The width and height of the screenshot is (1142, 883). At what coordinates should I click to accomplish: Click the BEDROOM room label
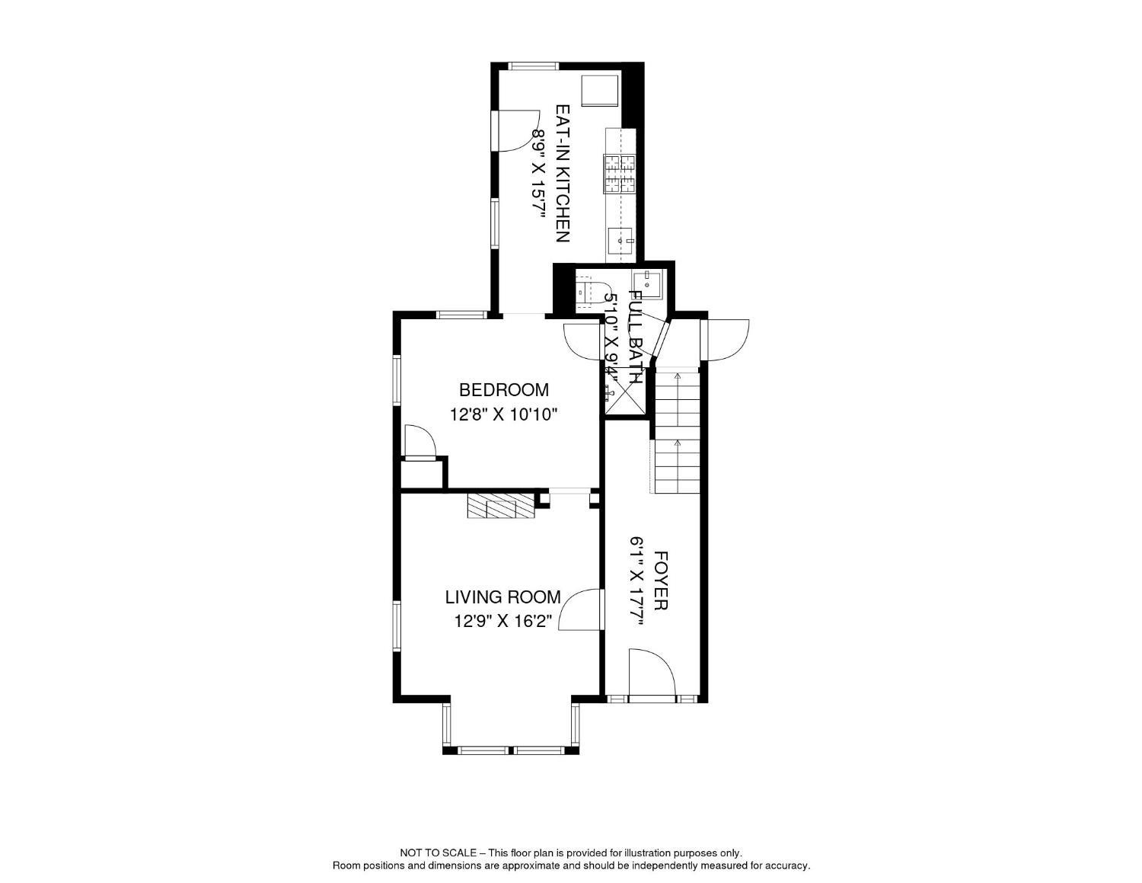pyautogui.click(x=503, y=390)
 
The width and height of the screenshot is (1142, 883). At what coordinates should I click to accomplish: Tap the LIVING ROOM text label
pyautogui.click(x=502, y=597)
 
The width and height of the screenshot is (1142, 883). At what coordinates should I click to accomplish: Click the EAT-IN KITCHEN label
pyautogui.click(x=562, y=174)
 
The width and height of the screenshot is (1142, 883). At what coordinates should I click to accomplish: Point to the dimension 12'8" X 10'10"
pyautogui.click(x=504, y=415)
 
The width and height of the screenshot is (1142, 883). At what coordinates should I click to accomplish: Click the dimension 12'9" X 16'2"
pyautogui.click(x=502, y=622)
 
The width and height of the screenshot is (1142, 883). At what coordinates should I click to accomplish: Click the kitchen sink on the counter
pyautogui.click(x=620, y=241)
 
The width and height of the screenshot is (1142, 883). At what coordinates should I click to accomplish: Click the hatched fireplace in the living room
pyautogui.click(x=501, y=506)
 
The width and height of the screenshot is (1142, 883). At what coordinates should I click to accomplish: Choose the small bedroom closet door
pyautogui.click(x=419, y=443)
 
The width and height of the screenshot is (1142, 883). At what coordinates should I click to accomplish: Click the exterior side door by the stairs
pyautogui.click(x=727, y=339)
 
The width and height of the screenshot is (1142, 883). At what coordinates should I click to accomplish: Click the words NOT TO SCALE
pyautogui.click(x=439, y=853)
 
